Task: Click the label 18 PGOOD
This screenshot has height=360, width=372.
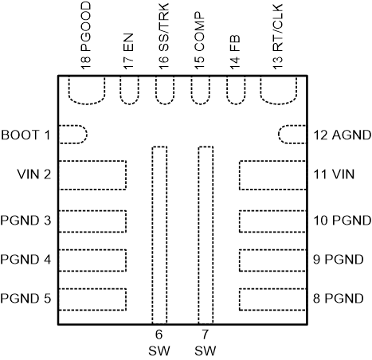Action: (86, 37)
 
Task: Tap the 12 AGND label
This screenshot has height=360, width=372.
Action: (340, 135)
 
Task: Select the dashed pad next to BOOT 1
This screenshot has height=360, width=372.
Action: (73, 135)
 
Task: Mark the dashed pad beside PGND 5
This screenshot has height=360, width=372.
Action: (93, 298)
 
